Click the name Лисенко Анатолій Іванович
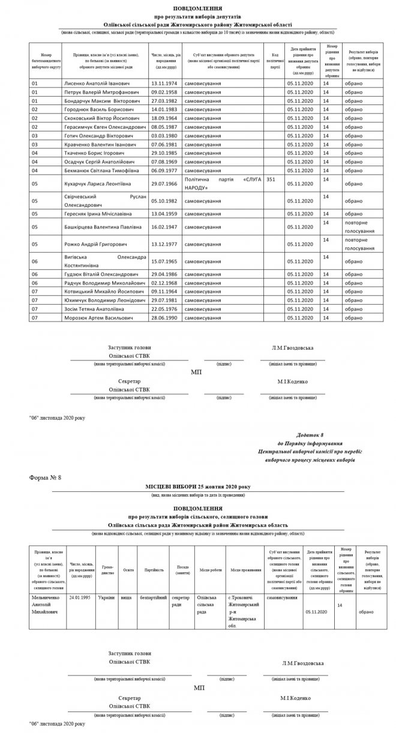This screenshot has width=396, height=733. pos(96,83)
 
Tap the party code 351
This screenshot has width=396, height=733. pos(271,179)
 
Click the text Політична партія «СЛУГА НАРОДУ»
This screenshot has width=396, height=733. pos(224,184)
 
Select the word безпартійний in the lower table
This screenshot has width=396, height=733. pos(153,598)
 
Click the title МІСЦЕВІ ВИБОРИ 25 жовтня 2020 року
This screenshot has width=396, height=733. pos(197,486)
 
